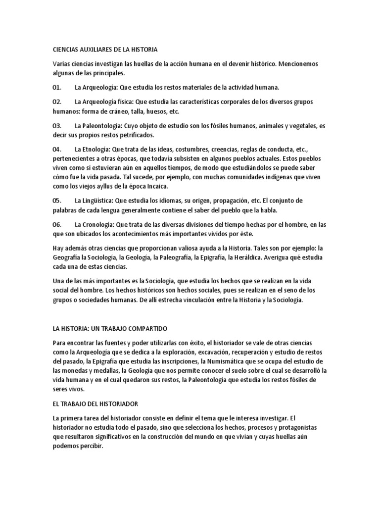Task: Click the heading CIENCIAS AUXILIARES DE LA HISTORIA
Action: point(105,50)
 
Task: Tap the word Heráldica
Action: point(248,257)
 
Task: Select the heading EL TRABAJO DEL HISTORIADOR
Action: point(96,403)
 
